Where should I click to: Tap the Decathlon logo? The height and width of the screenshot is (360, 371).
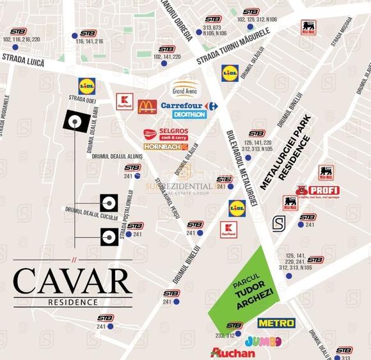[189, 114]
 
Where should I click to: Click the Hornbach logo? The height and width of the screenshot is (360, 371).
[165, 147]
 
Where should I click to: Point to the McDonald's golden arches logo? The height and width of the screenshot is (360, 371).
[147, 106]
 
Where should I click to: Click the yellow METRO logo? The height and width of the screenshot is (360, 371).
[276, 323]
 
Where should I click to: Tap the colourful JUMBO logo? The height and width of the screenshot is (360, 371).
[262, 340]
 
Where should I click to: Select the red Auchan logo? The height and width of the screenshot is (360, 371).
[232, 352]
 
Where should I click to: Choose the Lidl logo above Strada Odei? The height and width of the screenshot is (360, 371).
[86, 85]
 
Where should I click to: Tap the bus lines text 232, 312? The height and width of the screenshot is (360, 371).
[225, 335]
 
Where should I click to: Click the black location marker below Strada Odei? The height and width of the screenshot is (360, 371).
[75, 121]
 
